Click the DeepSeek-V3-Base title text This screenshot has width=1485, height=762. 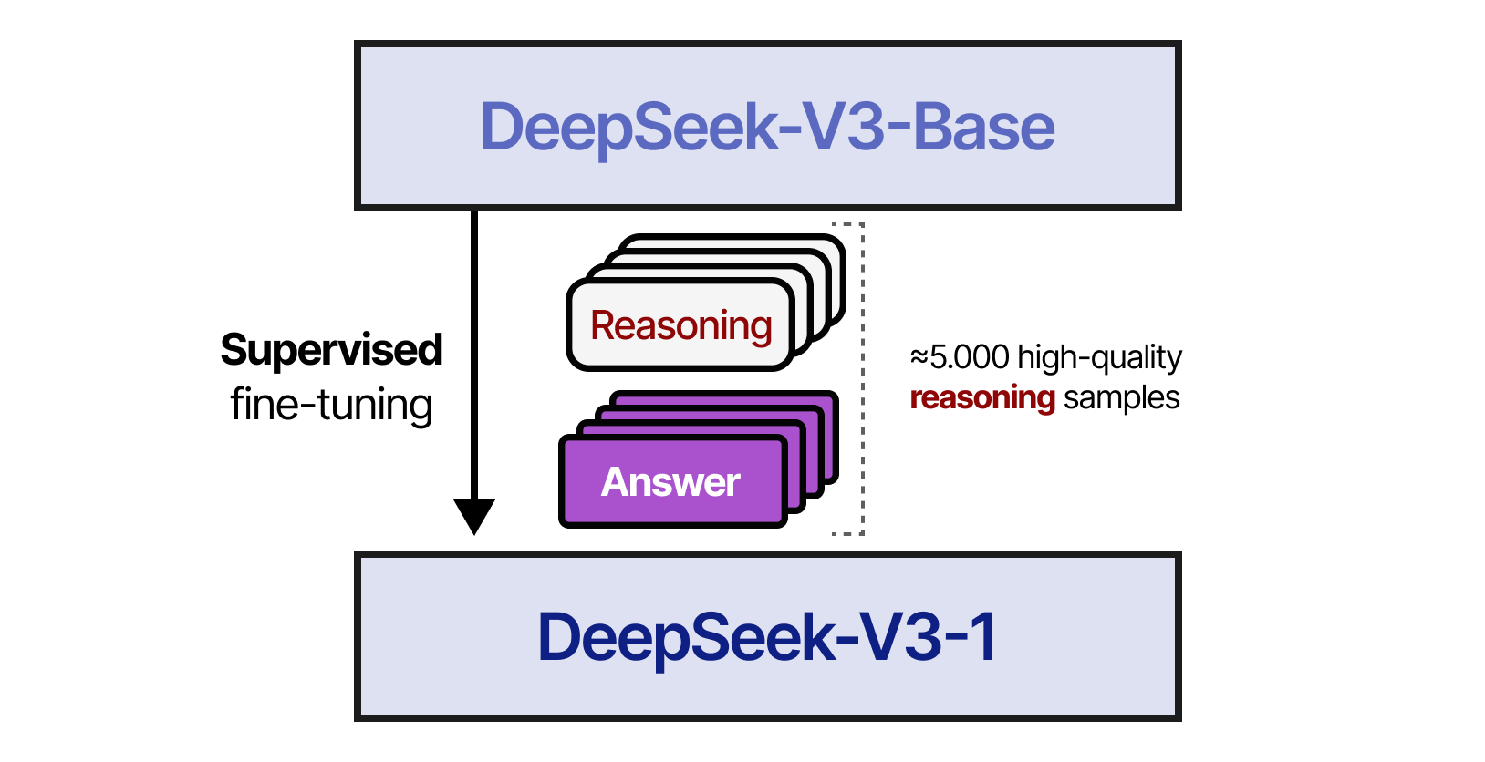pyautogui.click(x=767, y=127)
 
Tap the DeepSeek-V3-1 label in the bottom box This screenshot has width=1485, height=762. pyautogui.click(x=767, y=637)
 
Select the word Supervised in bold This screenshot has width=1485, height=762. pyautogui.click(x=331, y=351)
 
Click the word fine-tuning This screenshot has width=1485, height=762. pyautogui.click(x=331, y=404)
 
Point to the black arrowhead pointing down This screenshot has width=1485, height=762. pyautogui.click(x=474, y=515)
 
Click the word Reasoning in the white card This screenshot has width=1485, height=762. pyautogui.click(x=680, y=326)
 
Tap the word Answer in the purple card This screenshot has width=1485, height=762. pyautogui.click(x=670, y=482)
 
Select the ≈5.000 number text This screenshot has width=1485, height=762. pyautogui.click(x=960, y=357)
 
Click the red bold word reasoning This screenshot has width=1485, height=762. pyautogui.click(x=981, y=397)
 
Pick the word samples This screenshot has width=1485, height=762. pyautogui.click(x=1121, y=398)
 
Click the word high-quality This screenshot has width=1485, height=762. pyautogui.click(x=1099, y=357)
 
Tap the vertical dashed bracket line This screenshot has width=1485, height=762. pyautogui.click(x=862, y=378)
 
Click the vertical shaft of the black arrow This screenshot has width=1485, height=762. pyautogui.click(x=474, y=355)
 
